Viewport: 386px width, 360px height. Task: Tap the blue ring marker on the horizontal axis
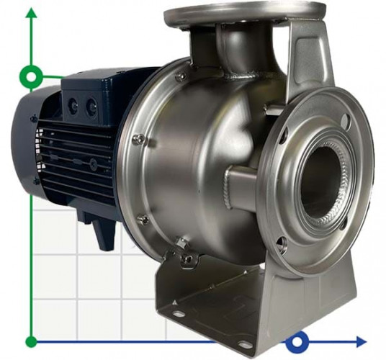pyautogui.click(x=296, y=341)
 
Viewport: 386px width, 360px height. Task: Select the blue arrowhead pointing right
pyautogui.click(x=360, y=341)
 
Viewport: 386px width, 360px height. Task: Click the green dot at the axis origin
pyautogui.click(x=31, y=341)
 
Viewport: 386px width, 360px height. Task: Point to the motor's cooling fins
pyautogui.click(x=72, y=158)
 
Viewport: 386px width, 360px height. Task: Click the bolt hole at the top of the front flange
pyautogui.click(x=345, y=120)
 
